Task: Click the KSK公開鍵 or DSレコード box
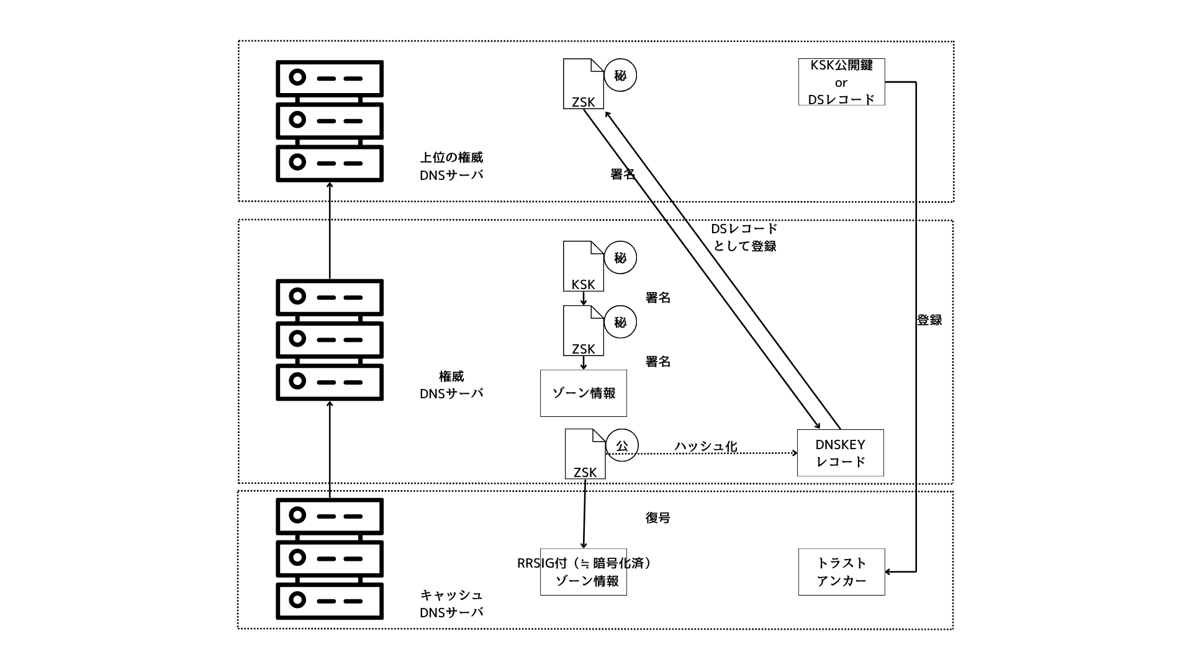click(841, 82)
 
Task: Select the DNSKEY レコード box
click(840, 453)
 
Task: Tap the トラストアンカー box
click(841, 572)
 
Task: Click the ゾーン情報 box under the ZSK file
click(583, 393)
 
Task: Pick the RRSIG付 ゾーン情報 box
click(583, 572)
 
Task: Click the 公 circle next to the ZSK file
click(621, 445)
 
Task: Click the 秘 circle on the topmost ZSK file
click(620, 75)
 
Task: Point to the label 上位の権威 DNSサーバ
click(451, 166)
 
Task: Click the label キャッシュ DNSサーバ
click(451, 604)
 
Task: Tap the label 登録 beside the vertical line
click(929, 320)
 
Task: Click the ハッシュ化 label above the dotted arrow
click(705, 446)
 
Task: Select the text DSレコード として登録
click(744, 238)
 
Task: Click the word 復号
click(657, 517)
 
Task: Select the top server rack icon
click(329, 121)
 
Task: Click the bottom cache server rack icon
click(329, 558)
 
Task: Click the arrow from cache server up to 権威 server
click(330, 447)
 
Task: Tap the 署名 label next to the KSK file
click(657, 298)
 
